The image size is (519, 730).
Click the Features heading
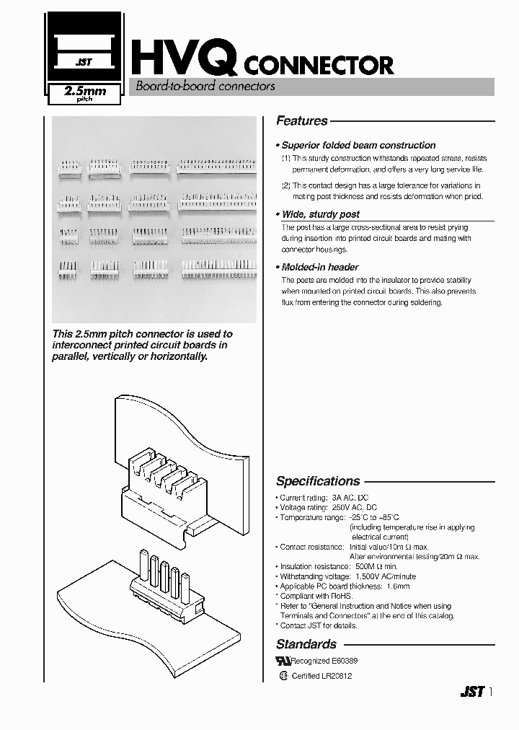[302, 121]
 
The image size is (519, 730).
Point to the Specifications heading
[318, 481]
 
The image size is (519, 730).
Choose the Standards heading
[306, 644]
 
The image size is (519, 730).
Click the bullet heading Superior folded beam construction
[358, 145]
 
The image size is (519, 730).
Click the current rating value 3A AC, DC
[350, 498]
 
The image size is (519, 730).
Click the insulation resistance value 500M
[367, 567]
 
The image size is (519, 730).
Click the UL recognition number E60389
[344, 661]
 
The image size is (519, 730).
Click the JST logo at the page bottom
[473, 692]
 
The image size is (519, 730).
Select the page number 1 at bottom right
[492, 692]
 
